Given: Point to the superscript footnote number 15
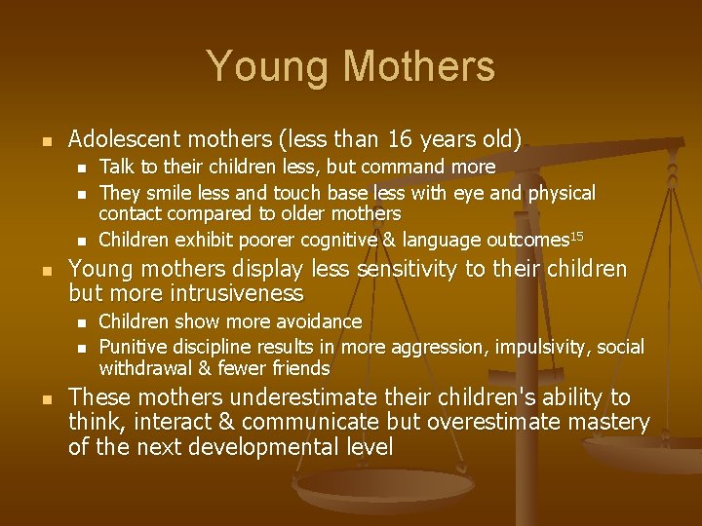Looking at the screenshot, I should point(576,235).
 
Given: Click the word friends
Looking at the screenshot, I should point(299,368).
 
